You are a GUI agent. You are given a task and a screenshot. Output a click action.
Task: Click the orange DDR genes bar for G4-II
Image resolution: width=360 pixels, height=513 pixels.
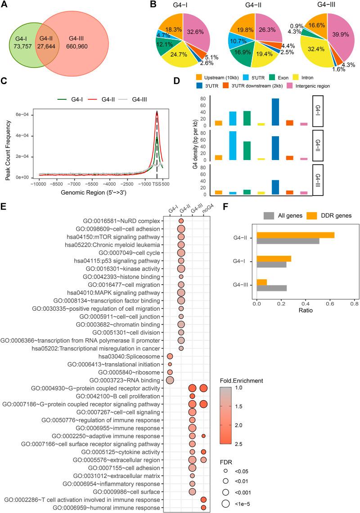[295, 235]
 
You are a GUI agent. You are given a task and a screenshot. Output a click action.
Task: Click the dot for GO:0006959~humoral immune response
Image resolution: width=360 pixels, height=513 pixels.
[203, 508]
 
